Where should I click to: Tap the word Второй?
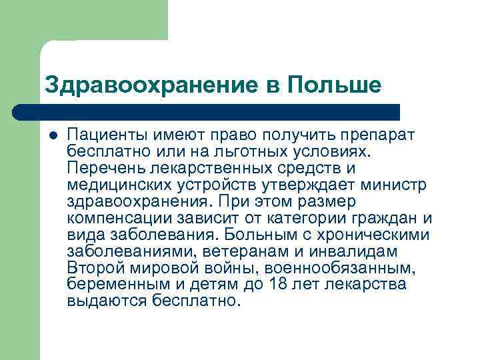(x=96, y=268)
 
